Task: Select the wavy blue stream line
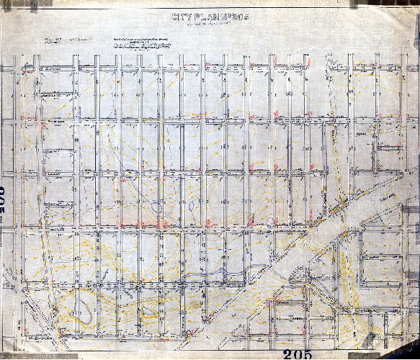click(x=216, y=273)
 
